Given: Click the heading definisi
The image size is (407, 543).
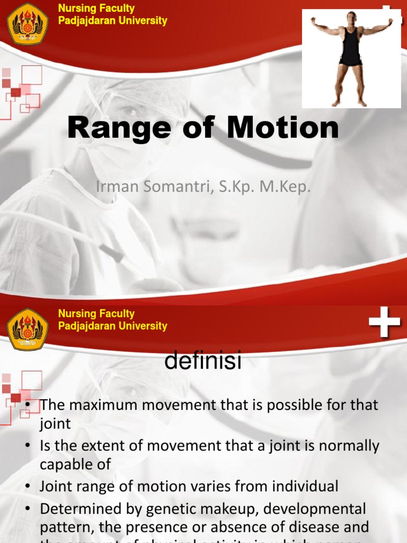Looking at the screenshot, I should click(x=203, y=362).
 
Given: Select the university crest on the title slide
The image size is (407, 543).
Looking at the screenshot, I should click(x=28, y=24).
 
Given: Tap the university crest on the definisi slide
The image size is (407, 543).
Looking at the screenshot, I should click(x=28, y=329).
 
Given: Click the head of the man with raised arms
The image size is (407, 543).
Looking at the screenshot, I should click(x=351, y=17).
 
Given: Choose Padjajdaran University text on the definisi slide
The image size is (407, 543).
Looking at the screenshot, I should click(x=112, y=326).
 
